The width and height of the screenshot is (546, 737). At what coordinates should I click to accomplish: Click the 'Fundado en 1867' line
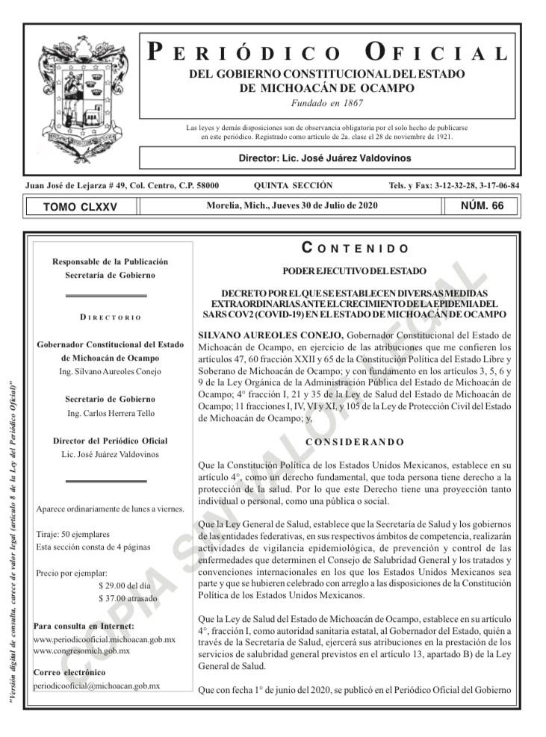pyautogui.click(x=326, y=102)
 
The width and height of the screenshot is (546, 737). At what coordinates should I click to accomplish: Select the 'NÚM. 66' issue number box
pyautogui.click(x=483, y=205)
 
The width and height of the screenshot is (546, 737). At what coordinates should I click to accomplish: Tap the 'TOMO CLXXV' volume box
pyautogui.click(x=81, y=207)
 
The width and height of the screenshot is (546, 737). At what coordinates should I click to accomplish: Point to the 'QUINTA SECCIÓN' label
pyautogui.click(x=294, y=185)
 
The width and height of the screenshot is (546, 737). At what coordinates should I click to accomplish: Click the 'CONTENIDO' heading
pyautogui.click(x=355, y=248)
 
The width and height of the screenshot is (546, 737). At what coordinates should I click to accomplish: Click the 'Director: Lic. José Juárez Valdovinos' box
pyautogui.click(x=324, y=158)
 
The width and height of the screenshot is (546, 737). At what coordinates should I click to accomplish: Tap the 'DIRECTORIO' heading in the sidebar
pyautogui.click(x=110, y=317)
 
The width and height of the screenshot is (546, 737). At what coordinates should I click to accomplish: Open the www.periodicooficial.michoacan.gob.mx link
pyautogui.click(x=105, y=640)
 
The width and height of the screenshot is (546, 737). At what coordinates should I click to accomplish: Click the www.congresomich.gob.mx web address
pyautogui.click(x=82, y=651)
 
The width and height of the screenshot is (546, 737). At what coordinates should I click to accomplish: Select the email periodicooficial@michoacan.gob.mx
pyautogui.click(x=97, y=685)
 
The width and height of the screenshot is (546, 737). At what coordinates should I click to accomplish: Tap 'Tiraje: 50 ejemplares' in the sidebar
pyautogui.click(x=72, y=535)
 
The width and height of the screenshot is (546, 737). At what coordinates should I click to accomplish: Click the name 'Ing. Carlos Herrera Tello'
pyautogui.click(x=110, y=413)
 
